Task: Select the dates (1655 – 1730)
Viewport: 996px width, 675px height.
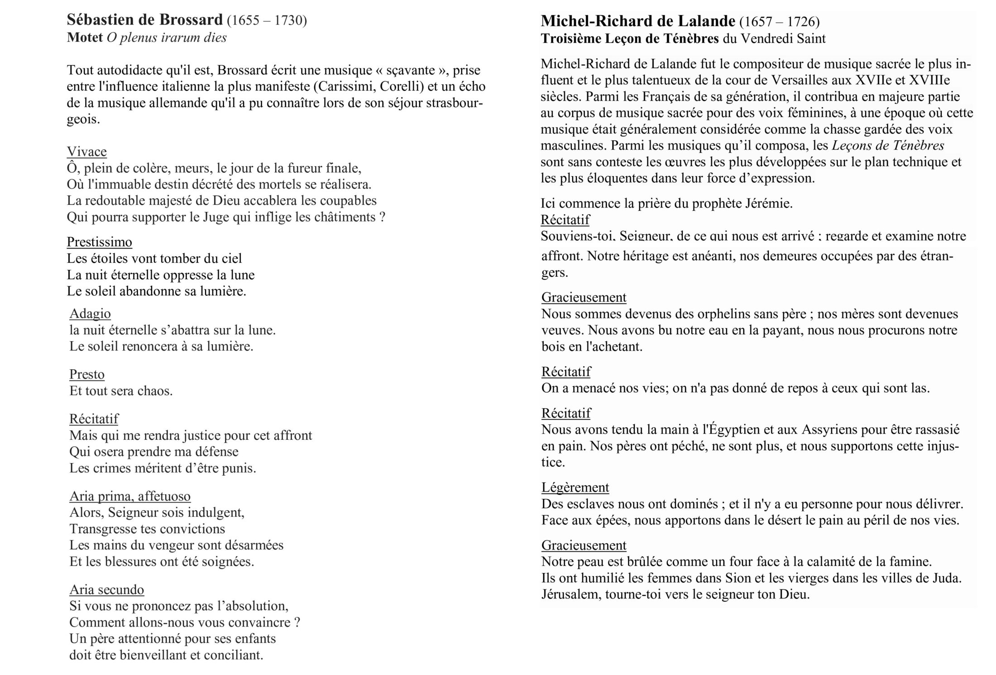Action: coord(267,21)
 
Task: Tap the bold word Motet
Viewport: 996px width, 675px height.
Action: coord(85,37)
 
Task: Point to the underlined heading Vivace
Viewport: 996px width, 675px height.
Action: coord(86,151)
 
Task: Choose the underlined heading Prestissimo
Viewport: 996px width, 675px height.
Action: coord(99,242)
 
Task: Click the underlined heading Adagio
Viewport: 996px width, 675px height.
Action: coord(90,313)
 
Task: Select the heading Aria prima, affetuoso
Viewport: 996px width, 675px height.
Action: coord(130,497)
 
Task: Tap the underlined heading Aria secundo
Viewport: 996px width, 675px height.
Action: coord(106,589)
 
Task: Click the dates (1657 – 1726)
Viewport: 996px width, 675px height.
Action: coord(780,22)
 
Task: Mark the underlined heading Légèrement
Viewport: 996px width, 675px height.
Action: coord(575,487)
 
